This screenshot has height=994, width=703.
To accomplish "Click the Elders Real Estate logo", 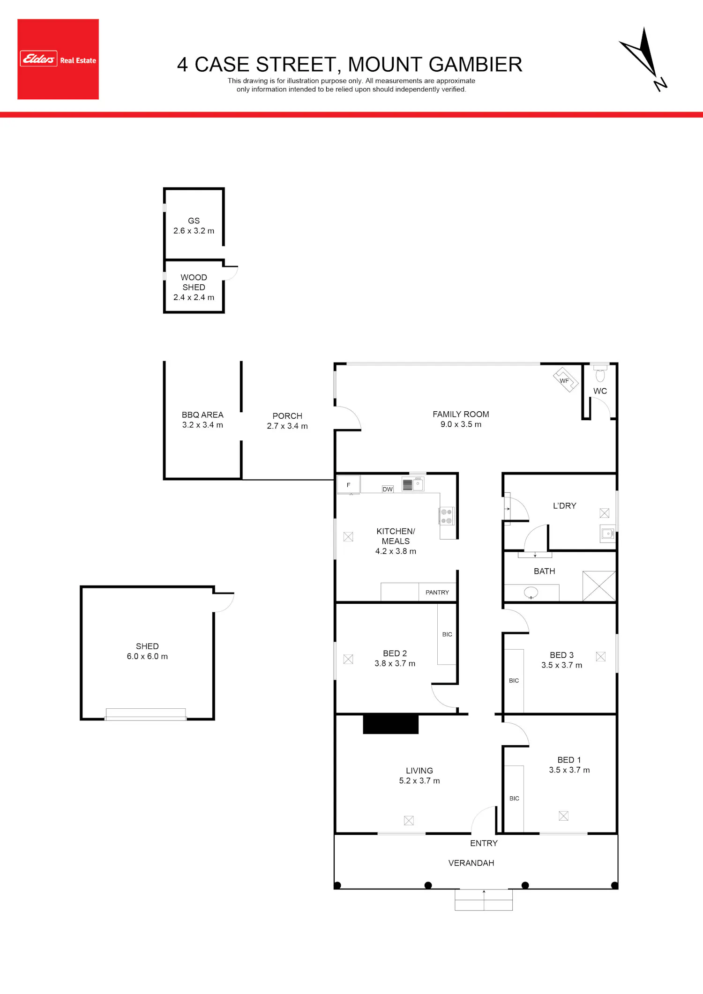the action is pyautogui.click(x=58, y=59).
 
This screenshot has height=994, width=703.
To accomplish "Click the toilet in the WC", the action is pyautogui.click(x=600, y=373).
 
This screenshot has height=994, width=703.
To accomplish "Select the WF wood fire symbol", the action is pyautogui.click(x=565, y=380).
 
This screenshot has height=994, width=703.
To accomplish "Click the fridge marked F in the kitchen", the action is pyautogui.click(x=349, y=485).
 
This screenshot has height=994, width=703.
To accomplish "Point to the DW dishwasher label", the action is pyautogui.click(x=388, y=489).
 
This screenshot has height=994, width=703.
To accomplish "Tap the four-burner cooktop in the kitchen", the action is pyautogui.click(x=446, y=516).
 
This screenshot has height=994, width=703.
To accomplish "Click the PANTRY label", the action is pyautogui.click(x=437, y=593).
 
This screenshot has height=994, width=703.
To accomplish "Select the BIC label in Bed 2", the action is pyautogui.click(x=448, y=634).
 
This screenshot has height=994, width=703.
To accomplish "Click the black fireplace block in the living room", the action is pyautogui.click(x=391, y=724).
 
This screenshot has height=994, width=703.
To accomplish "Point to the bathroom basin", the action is pyautogui.click(x=531, y=593).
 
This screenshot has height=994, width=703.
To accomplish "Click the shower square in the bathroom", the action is pyautogui.click(x=599, y=586).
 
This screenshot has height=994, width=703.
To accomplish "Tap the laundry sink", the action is pyautogui.click(x=608, y=534).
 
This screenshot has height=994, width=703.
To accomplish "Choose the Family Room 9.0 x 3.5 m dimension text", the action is pyautogui.click(x=461, y=424).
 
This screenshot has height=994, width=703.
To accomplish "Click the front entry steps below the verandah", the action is pyautogui.click(x=484, y=900).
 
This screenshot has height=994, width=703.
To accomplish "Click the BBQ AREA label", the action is pyautogui.click(x=202, y=415).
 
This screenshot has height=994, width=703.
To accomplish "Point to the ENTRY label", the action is pyautogui.click(x=484, y=843).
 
